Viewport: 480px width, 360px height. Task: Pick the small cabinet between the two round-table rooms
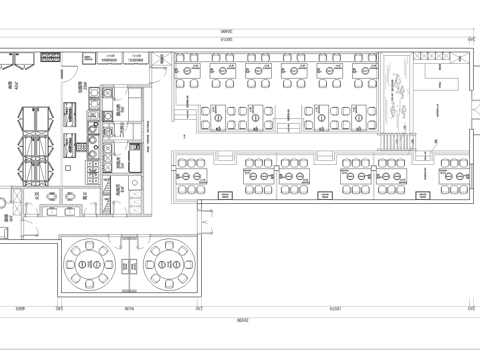coord(130,266)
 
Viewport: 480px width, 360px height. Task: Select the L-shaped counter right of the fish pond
coord(441,79)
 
